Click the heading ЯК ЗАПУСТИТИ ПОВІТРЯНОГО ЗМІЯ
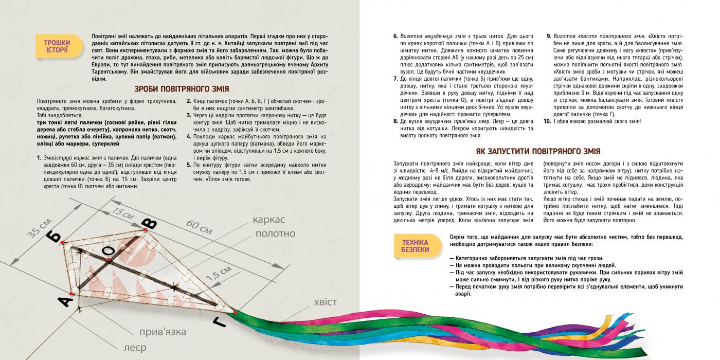[537, 152]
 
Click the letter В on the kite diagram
[149, 224]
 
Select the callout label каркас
[268, 220]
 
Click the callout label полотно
[275, 234]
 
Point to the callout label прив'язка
[162, 332]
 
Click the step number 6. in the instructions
[395, 37]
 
